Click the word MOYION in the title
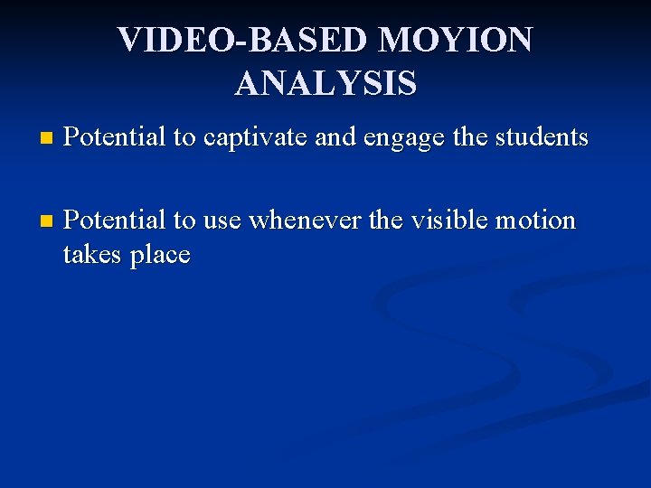456,40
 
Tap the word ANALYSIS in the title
325,83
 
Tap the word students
540,137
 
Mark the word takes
92,255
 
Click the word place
160,256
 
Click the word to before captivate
184,138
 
